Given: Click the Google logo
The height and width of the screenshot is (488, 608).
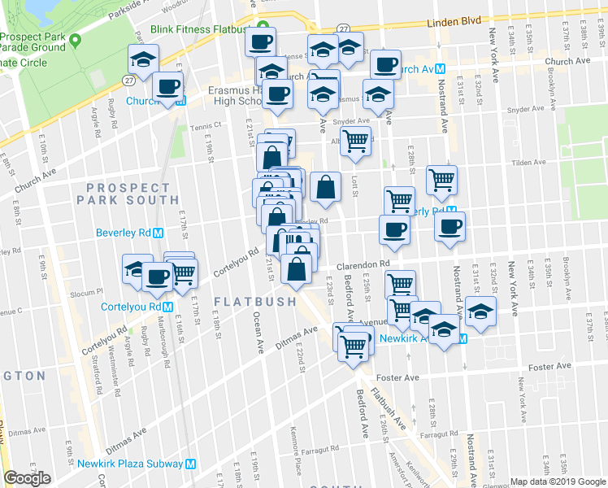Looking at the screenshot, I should tap(27, 478).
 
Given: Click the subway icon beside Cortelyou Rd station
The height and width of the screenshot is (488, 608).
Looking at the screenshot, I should tap(167, 307).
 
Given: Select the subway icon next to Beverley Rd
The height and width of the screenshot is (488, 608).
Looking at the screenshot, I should tap(159, 233).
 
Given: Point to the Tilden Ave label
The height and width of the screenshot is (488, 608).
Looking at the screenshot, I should tap(528, 163).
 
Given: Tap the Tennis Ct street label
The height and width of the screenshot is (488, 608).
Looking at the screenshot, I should tap(206, 126).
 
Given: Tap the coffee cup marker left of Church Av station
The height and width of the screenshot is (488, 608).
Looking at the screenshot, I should tap(385, 63).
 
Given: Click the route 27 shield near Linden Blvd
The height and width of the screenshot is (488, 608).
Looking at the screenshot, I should tap(344, 28).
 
